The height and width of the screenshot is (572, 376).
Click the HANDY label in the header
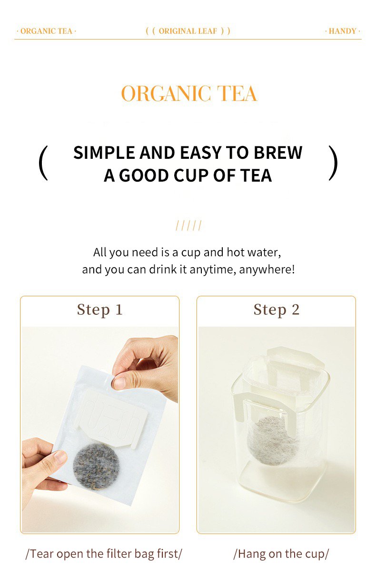tap(342, 31)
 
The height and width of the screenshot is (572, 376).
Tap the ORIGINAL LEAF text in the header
tap(188, 31)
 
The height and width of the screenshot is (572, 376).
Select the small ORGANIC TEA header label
tap(46, 31)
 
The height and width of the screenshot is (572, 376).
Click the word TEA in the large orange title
tap(237, 94)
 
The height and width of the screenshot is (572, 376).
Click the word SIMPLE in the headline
tap(104, 153)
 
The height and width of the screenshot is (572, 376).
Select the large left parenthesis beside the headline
tap(43, 163)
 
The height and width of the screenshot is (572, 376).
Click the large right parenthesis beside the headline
tap(333, 163)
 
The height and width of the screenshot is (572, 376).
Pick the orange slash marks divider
tap(188, 226)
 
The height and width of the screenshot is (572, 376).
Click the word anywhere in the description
tap(267, 270)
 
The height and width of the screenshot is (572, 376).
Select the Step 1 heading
tap(99, 310)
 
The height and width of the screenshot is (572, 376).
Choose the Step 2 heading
tap(277, 310)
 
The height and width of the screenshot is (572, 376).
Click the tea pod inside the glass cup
tap(273, 440)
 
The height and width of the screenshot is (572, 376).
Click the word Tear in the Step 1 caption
tap(41, 554)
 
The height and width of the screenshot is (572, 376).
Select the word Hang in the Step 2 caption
tap(252, 554)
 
